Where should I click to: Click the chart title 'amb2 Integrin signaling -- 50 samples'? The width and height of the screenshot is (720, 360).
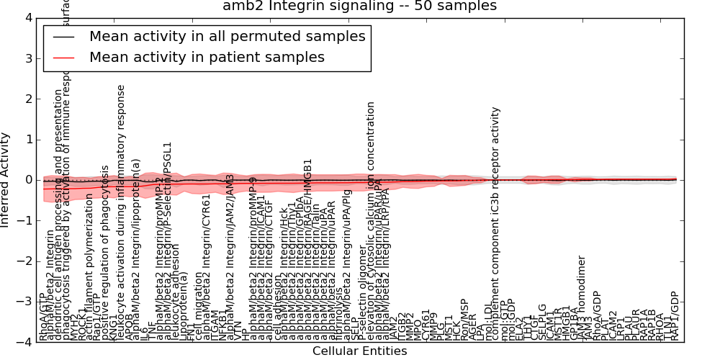click(x=359, y=6)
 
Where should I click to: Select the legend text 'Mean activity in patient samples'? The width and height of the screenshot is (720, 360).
click(x=207, y=57)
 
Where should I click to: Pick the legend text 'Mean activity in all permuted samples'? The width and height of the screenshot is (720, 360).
click(x=227, y=36)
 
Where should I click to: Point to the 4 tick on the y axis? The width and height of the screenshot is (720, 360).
click(x=28, y=17)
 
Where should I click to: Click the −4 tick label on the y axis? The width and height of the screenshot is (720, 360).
click(x=24, y=343)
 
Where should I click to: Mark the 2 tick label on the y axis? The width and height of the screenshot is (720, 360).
click(x=28, y=99)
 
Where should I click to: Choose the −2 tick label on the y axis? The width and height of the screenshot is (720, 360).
click(x=24, y=261)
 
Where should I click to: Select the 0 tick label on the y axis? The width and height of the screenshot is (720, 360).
click(x=28, y=180)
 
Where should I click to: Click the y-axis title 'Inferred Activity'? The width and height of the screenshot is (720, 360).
click(x=6, y=180)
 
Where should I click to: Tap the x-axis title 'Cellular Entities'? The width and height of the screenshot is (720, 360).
click(x=359, y=351)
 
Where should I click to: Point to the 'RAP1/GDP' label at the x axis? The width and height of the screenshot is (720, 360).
click(x=675, y=315)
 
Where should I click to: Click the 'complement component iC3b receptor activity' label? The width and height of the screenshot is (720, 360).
click(x=495, y=223)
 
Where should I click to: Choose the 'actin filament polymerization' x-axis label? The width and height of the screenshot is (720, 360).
click(x=89, y=271)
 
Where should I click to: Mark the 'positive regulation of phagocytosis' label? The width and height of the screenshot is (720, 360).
click(x=105, y=252)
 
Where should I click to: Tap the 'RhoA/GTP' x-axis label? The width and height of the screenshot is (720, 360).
click(x=43, y=317)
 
